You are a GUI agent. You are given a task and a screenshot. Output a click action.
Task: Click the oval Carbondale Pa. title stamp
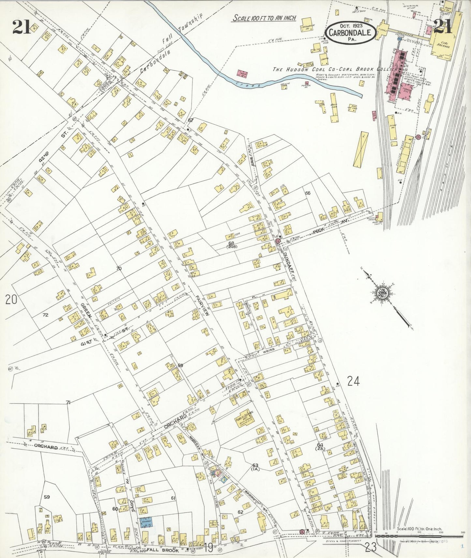[x=350, y=32]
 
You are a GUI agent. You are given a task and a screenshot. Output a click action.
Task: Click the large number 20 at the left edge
[x=11, y=299]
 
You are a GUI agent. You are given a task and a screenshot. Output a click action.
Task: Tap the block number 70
[x=119, y=269]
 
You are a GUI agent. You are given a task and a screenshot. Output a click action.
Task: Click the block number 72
[x=45, y=315]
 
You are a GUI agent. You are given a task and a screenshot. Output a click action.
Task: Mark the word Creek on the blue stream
[x=248, y=84]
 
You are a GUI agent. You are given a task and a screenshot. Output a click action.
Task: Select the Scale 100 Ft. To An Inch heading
[x=264, y=18]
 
